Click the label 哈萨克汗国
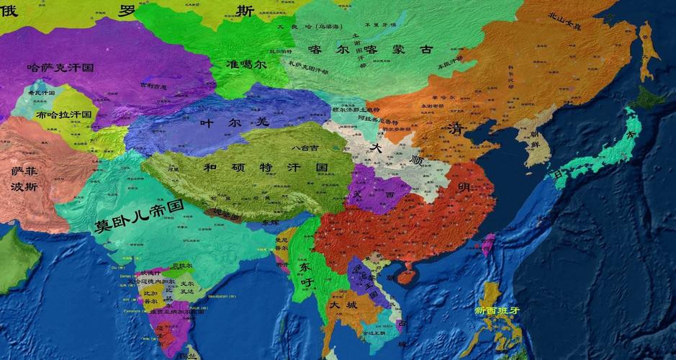(60, 68)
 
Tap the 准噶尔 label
(246, 63)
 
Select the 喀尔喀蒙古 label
(370, 49)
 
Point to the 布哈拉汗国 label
(64, 114)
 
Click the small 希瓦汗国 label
(41, 93)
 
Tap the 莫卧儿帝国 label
(139, 216)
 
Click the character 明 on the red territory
(464, 187)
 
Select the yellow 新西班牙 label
(497, 310)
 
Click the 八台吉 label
(305, 148)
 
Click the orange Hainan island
(407, 274)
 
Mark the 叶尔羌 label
(233, 122)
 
